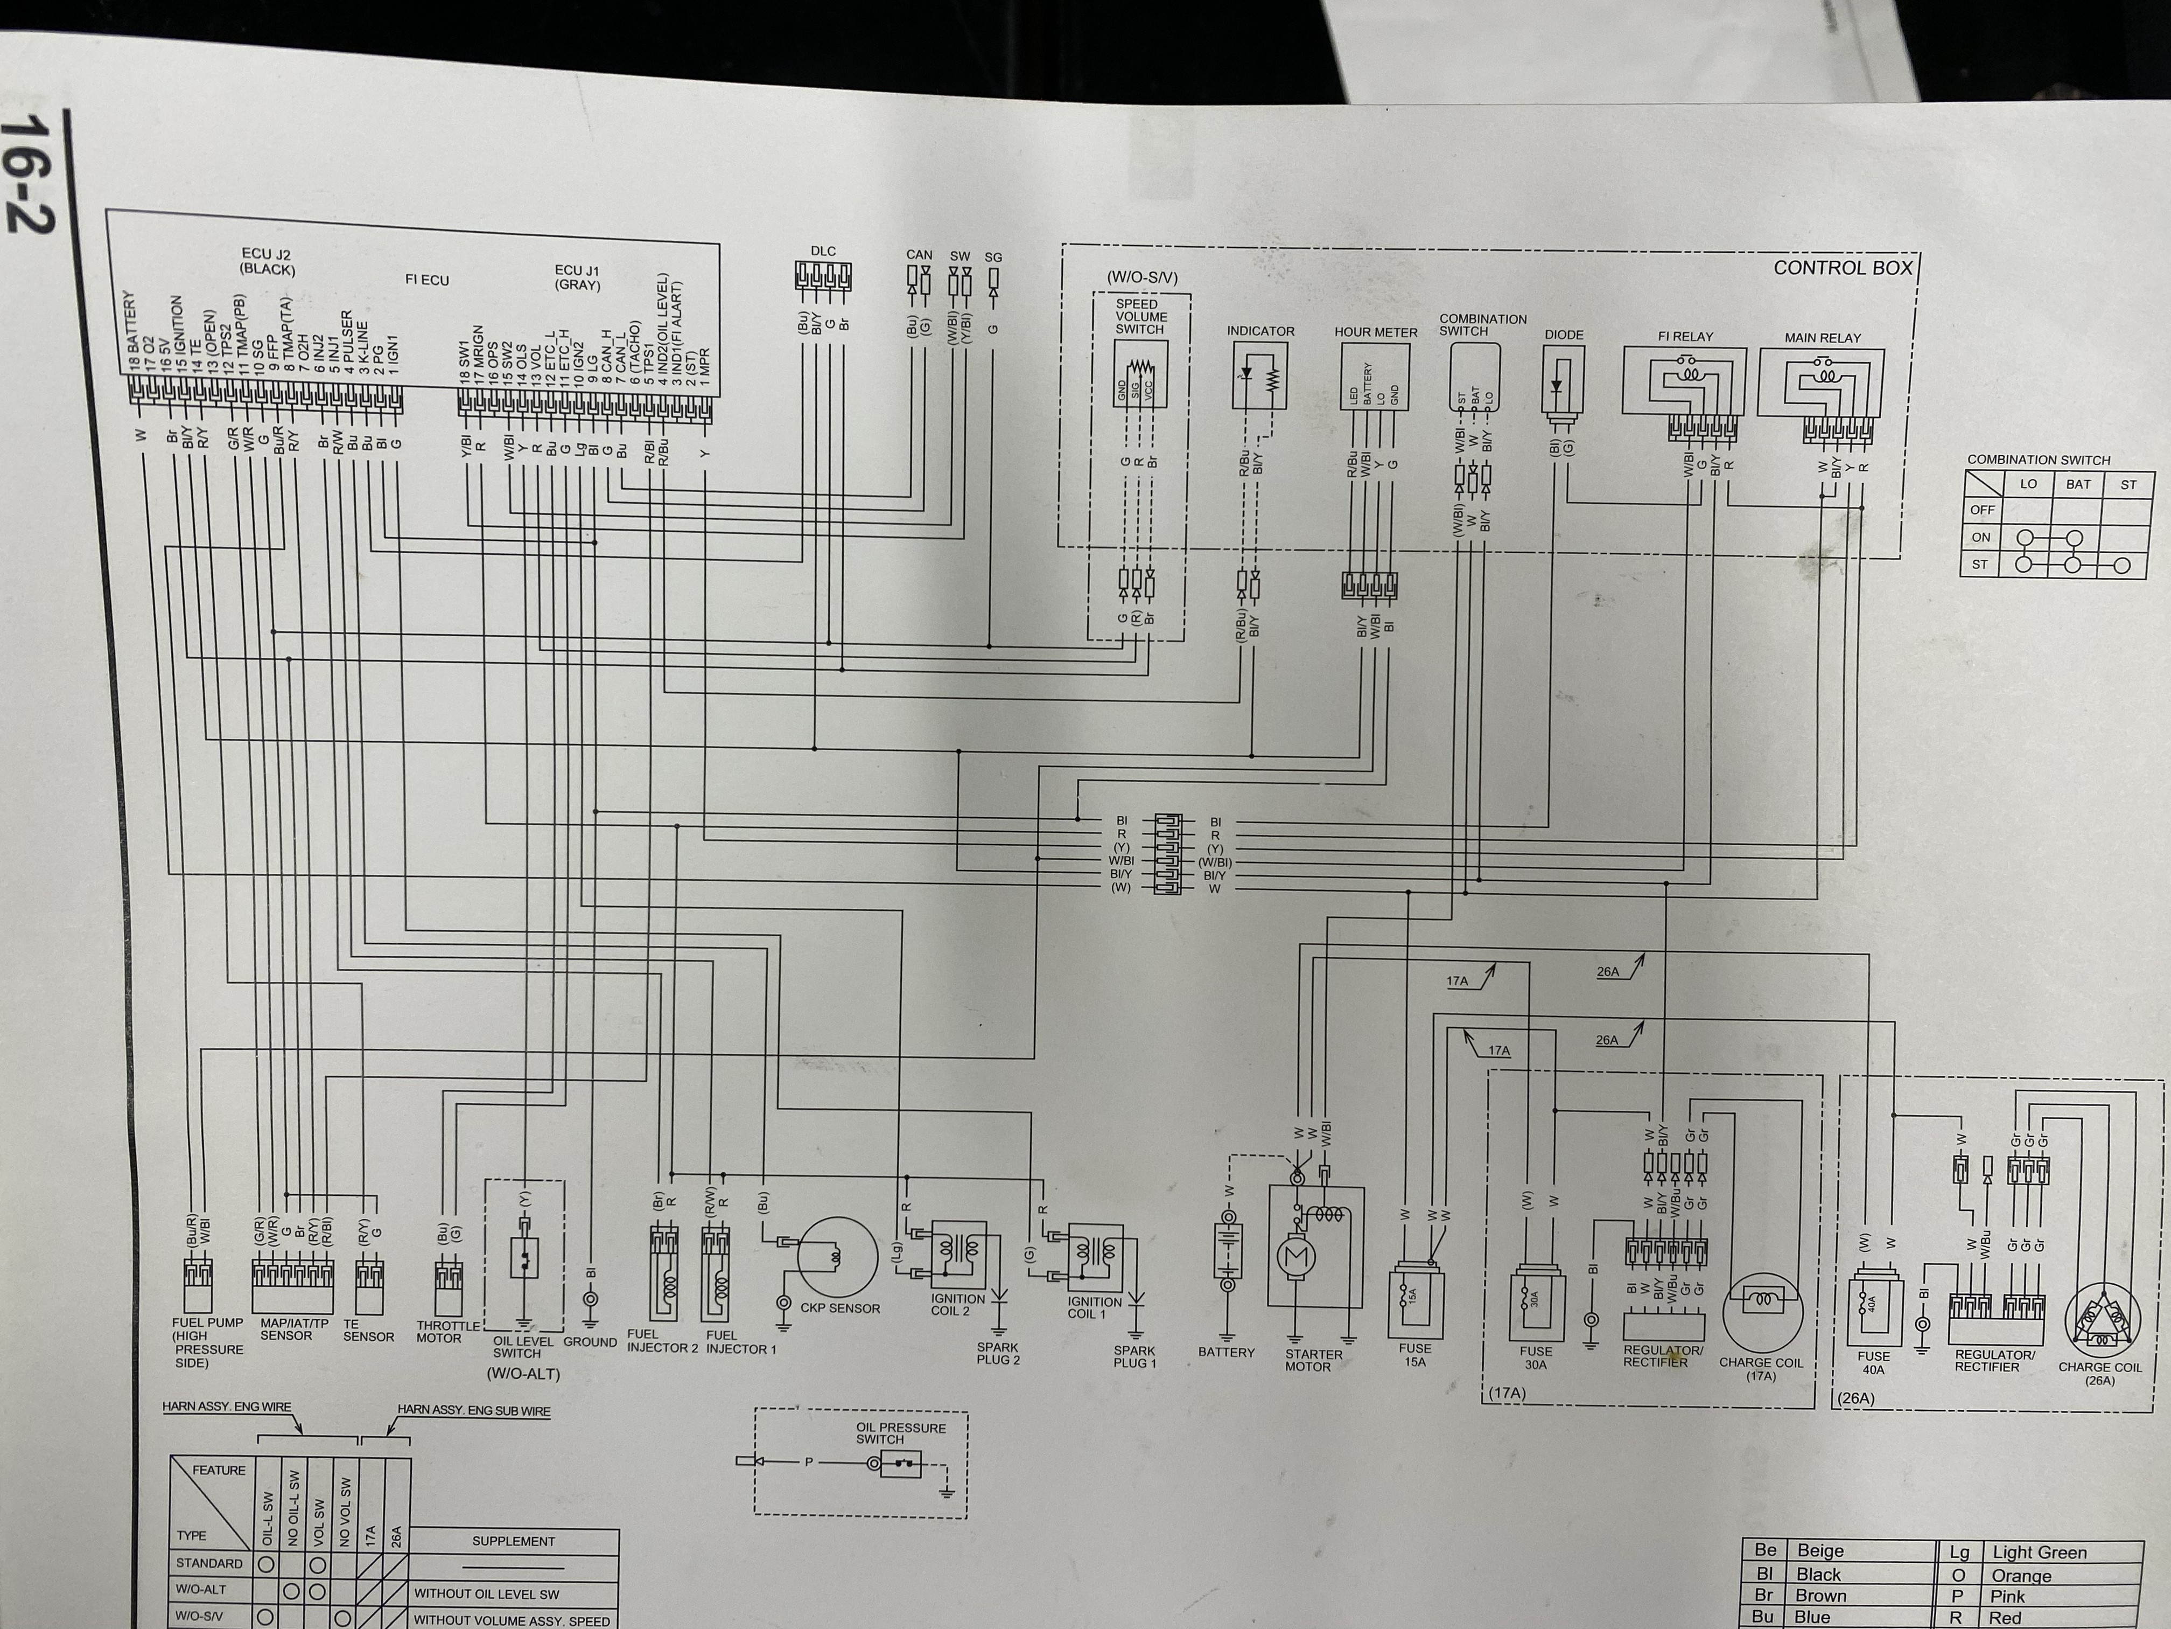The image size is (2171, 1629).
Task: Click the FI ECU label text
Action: pyautogui.click(x=427, y=280)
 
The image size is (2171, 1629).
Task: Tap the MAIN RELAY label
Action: pyautogui.click(x=1822, y=338)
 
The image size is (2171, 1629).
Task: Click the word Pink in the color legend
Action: pyautogui.click(x=2008, y=1596)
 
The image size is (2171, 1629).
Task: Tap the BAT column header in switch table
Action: pyautogui.click(x=2078, y=484)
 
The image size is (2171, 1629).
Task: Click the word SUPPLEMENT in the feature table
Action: pyautogui.click(x=513, y=1541)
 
